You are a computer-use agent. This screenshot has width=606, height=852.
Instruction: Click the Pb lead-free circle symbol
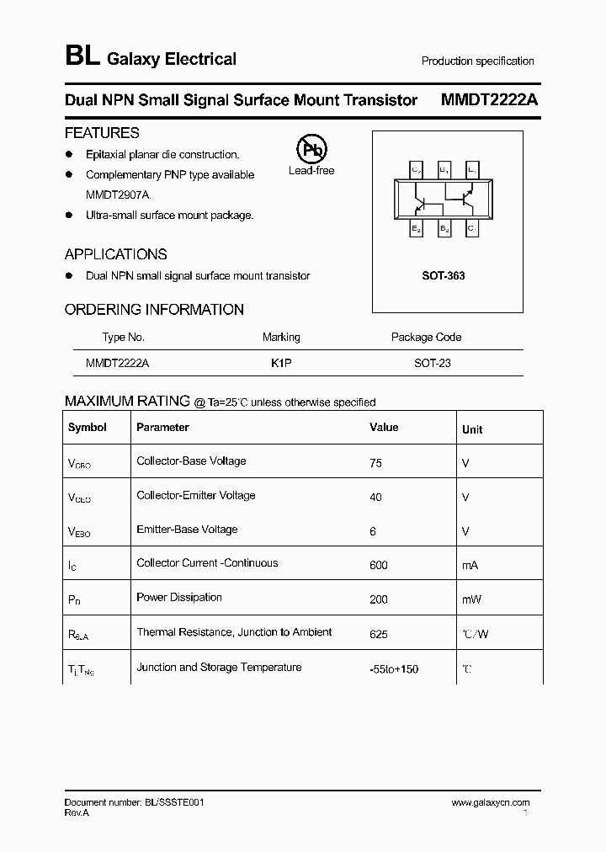(311, 150)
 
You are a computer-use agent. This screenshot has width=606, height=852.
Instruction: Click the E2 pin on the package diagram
(417, 228)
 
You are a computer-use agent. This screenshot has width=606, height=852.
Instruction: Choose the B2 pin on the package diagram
(444, 228)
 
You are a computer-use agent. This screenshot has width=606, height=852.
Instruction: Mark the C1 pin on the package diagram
(471, 228)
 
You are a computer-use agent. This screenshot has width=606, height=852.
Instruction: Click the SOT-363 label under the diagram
(444, 276)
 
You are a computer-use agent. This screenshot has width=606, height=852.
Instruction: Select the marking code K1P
(281, 364)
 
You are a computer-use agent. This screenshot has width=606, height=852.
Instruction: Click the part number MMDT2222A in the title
(490, 100)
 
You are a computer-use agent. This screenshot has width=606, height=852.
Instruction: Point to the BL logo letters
(82, 57)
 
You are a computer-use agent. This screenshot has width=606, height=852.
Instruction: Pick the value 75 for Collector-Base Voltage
(375, 463)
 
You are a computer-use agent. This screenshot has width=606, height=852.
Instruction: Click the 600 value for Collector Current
(379, 565)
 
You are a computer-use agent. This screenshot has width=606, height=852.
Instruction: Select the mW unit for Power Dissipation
(470, 599)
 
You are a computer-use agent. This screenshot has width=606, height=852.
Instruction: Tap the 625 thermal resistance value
(379, 633)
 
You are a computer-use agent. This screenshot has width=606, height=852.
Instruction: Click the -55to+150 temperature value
(394, 668)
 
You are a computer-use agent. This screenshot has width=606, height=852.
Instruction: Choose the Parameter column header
(162, 428)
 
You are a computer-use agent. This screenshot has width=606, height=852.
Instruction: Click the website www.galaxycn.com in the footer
(490, 803)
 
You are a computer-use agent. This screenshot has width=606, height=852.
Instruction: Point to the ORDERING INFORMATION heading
(154, 310)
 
